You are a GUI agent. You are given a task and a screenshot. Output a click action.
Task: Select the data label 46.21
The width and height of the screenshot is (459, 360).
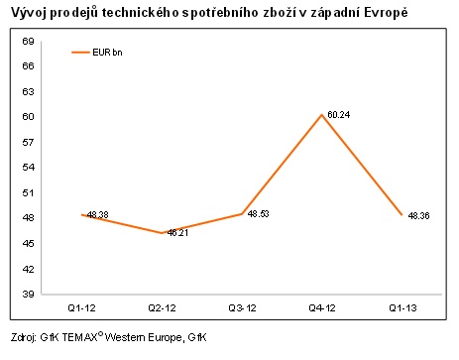pos(176,233)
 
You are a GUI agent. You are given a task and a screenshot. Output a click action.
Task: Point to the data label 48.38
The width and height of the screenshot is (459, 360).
pos(98,214)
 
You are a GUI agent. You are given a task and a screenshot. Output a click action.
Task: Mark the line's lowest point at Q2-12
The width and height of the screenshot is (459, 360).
pos(163,233)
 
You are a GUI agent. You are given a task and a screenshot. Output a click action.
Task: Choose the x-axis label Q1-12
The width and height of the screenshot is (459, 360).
pos(83,307)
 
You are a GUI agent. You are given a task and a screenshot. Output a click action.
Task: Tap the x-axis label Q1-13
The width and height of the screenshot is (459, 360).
pos(402,307)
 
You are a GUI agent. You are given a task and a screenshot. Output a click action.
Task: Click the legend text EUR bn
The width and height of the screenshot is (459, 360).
pos(110,53)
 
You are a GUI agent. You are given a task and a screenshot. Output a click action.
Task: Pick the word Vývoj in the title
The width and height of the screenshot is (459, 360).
pos(30,13)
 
